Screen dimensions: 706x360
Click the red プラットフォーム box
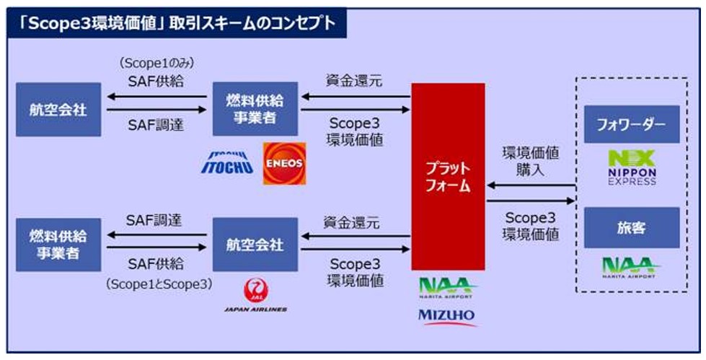[x=448, y=177]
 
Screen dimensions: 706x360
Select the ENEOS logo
[x=285, y=164]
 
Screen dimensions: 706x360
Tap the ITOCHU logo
[x=227, y=162]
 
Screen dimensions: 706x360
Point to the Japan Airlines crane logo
[x=255, y=291]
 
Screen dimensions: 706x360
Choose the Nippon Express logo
[x=632, y=167]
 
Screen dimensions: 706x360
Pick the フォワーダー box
[x=632, y=124]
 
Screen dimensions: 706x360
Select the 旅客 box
[x=632, y=227]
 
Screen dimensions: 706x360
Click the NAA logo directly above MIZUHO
[x=446, y=289]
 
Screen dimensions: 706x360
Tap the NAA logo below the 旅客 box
[x=631, y=268]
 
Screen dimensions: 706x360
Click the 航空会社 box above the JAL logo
[x=255, y=245]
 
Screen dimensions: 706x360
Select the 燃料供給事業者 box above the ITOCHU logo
[x=255, y=109]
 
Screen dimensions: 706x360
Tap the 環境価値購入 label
[x=531, y=162]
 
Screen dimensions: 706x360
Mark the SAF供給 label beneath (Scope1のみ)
[x=155, y=81]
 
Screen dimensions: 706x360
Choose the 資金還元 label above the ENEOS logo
[x=354, y=81]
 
